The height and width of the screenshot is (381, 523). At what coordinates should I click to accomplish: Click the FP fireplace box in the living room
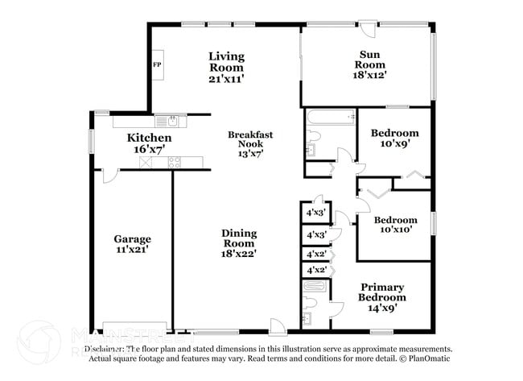point(157,64)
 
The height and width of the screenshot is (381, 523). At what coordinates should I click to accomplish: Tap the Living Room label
point(226,67)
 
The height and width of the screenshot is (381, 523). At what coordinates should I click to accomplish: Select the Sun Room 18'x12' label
point(371,64)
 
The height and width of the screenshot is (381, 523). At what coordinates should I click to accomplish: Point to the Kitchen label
point(149,143)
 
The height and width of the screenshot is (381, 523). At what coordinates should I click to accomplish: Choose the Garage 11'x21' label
point(132,244)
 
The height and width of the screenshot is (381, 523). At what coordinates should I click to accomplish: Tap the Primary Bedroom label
point(382,296)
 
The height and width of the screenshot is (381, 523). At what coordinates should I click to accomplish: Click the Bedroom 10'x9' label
point(394,138)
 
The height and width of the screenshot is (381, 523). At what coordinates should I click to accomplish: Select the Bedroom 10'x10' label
point(394,224)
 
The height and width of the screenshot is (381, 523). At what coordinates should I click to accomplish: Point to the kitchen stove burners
point(174,163)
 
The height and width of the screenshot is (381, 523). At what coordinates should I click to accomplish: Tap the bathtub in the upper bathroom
point(331,118)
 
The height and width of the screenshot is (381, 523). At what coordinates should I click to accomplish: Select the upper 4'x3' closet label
point(315,214)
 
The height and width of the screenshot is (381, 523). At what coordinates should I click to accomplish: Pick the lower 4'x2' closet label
point(315,270)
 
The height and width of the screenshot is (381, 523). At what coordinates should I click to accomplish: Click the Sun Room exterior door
point(368,29)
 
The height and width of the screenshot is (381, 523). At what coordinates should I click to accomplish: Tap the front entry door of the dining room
point(277,326)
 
